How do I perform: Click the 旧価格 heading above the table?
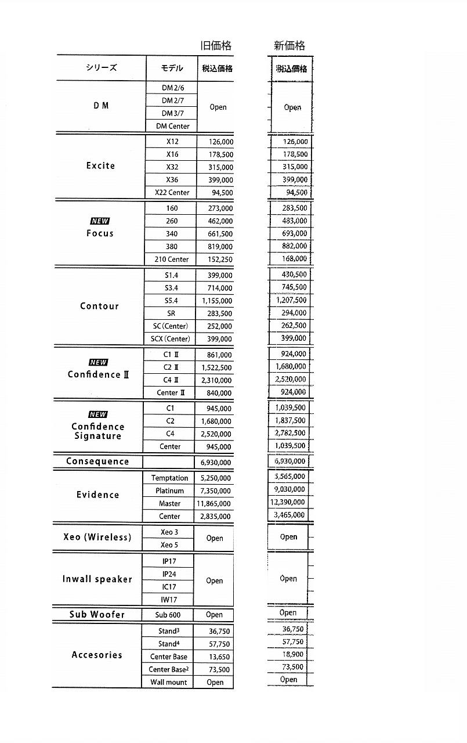[216, 46]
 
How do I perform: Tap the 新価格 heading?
[289, 46]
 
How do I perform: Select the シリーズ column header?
[101, 68]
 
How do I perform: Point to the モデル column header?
[172, 68]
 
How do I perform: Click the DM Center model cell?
[172, 126]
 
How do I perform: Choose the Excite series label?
[100, 166]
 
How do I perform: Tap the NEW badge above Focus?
[99, 221]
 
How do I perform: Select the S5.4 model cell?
[171, 301]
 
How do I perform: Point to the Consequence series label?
[97, 461]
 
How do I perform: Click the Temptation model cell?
[169, 478]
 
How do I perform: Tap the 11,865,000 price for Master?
[214, 504]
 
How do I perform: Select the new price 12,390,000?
[288, 502]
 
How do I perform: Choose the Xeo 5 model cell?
[169, 545]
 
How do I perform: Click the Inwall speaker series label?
[97, 579]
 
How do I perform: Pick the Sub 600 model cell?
[168, 615]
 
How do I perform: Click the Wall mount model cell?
[169, 683]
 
